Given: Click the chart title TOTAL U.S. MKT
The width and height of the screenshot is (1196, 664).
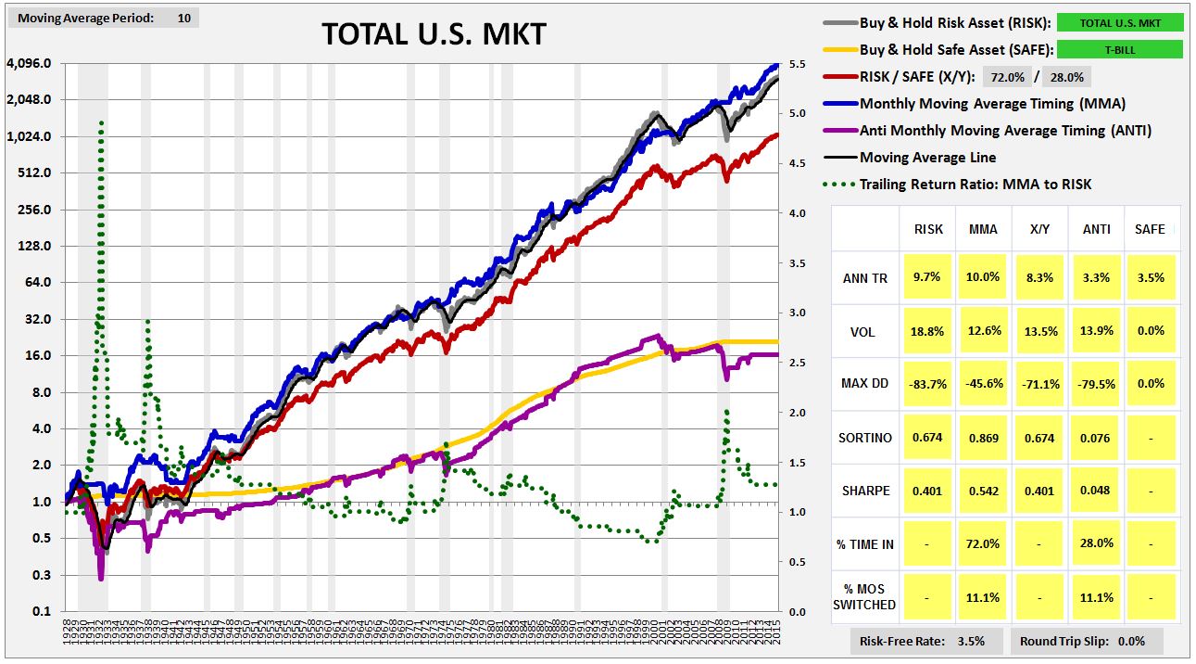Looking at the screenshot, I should tap(434, 34).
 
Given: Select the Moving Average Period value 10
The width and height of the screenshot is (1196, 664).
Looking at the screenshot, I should tap(183, 18).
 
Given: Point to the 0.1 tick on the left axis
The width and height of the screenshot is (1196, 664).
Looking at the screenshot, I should tap(42, 612).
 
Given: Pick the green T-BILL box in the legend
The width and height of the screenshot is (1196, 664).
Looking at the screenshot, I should tap(1119, 50).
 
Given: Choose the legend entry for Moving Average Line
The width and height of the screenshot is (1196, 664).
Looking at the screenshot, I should tap(914, 158).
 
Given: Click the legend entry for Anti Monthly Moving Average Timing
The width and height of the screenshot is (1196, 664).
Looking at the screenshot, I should tap(1005, 131).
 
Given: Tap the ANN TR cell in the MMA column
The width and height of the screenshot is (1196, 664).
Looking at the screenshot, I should tap(982, 277).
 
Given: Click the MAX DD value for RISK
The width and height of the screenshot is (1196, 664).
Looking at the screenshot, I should tap(928, 384).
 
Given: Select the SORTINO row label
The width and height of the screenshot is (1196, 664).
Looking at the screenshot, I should tap(867, 438).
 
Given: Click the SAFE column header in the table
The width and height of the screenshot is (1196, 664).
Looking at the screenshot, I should tap(1151, 228).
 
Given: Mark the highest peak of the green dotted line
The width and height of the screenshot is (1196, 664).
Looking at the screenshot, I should tap(101, 121).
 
